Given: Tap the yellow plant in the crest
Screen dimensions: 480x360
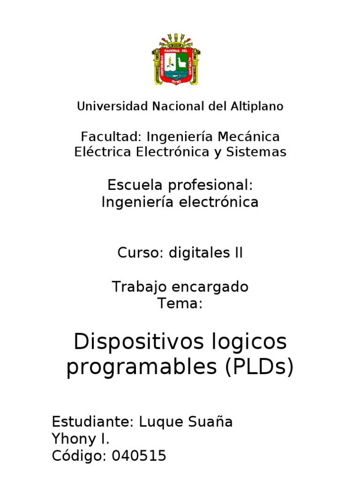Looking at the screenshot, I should pos(170,61).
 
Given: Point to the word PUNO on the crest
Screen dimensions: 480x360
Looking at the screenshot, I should pos(176,81).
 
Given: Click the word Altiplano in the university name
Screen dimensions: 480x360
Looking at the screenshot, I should pos(256,107).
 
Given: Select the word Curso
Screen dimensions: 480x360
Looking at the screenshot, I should pos(138,254).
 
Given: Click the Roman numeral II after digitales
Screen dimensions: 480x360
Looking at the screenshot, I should pos(239,254).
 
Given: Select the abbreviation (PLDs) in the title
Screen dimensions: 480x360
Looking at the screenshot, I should pos(258,367).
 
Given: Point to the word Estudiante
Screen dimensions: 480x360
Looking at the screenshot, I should pos(93,422).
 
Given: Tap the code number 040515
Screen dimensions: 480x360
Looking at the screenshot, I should pos(139,456).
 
